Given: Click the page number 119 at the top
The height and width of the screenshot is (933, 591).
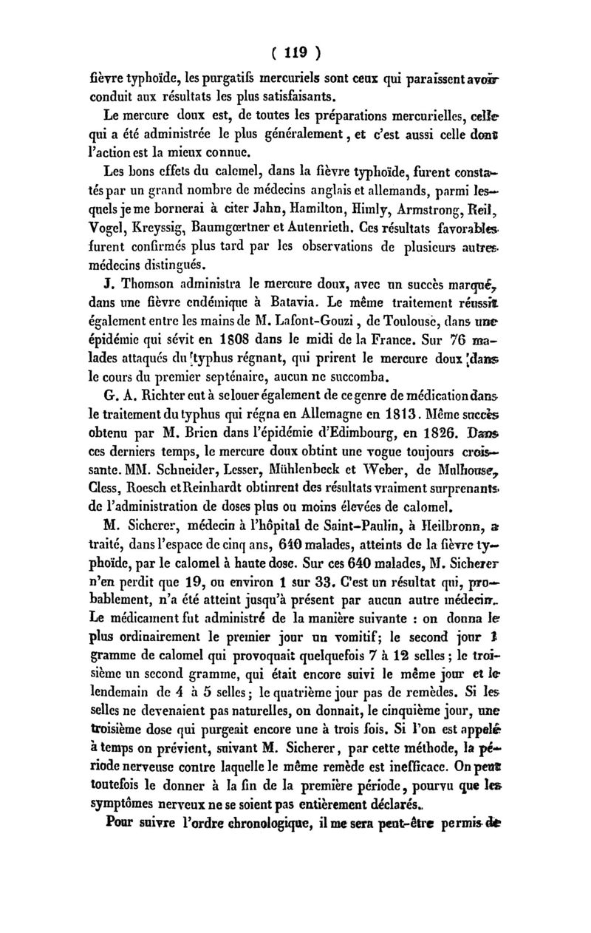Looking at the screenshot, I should (295, 53).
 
